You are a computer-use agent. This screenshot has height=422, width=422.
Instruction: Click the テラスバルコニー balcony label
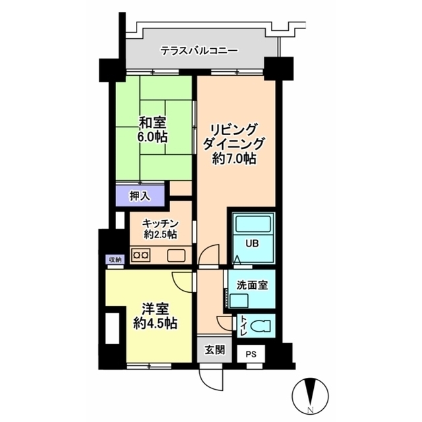click(199, 51)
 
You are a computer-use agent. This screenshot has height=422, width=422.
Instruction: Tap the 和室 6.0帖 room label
click(152, 129)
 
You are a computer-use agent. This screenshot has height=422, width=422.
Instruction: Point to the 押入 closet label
click(140, 196)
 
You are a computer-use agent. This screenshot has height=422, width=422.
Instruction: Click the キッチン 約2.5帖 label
click(160, 229)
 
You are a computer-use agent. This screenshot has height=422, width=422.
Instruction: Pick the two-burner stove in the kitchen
click(140, 255)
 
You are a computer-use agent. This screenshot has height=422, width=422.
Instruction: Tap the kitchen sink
click(176, 255)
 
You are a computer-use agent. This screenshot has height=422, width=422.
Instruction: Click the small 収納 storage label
click(115, 260)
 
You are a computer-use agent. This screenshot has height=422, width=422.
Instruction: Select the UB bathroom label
click(252, 243)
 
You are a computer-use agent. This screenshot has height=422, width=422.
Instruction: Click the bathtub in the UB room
click(253, 224)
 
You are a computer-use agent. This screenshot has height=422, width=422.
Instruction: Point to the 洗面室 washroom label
click(252, 286)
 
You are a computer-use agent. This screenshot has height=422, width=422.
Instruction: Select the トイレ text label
click(243, 326)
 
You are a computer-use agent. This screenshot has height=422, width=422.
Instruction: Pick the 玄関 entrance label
click(214, 350)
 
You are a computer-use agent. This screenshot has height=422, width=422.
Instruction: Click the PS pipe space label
click(251, 354)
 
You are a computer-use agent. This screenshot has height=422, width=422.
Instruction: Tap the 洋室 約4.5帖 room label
click(156, 316)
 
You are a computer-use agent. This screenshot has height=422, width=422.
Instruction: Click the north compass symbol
click(311, 396)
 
